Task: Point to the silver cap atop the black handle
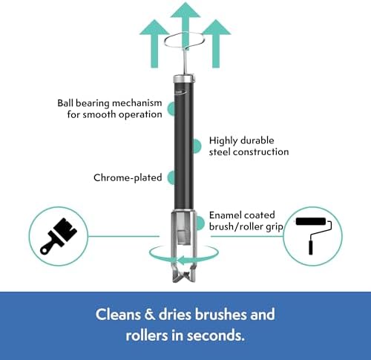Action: tap(183, 79)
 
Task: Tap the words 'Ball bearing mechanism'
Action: tap(110, 103)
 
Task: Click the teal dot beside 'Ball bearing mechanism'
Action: tap(171, 108)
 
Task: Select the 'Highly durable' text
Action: tap(241, 140)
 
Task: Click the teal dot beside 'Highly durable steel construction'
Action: tap(197, 145)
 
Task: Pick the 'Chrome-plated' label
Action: tap(128, 177)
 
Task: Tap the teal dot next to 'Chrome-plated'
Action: tap(171, 177)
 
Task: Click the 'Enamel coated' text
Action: tap(242, 215)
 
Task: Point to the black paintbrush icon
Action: tap(59, 236)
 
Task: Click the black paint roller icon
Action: tap(314, 235)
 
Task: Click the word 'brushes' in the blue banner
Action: tap(221, 314)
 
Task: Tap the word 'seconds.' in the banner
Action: tap(216, 336)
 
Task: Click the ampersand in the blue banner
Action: tap(150, 314)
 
